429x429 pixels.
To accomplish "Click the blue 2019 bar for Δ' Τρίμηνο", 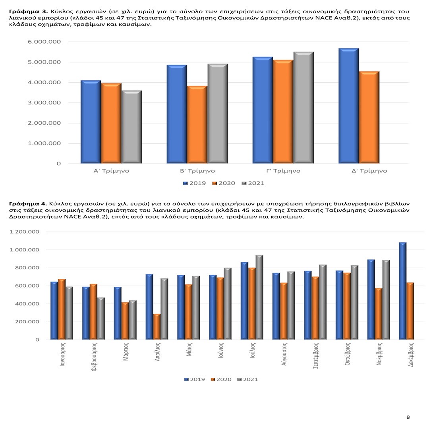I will (x=348, y=106).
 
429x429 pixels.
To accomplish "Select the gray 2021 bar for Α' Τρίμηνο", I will (x=131, y=127).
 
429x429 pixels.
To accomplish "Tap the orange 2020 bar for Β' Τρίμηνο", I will (x=197, y=124).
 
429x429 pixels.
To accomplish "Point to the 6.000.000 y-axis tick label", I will (x=44, y=42).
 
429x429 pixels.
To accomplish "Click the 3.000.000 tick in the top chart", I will (x=44, y=103).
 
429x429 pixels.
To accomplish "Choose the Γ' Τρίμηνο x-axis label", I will (x=283, y=171).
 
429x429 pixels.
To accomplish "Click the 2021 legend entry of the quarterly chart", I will (x=253, y=183).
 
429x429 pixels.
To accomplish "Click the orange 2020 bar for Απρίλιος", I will (x=157, y=327).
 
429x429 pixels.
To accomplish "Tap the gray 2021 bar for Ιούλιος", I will (x=259, y=297).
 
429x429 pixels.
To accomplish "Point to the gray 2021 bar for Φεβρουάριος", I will (x=101, y=319).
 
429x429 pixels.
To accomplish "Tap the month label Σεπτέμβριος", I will (x=315, y=356).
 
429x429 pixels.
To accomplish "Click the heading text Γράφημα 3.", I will (x=28, y=12).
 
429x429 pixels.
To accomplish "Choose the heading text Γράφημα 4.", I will (x=28, y=204).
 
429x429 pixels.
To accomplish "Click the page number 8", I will (x=408, y=417).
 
